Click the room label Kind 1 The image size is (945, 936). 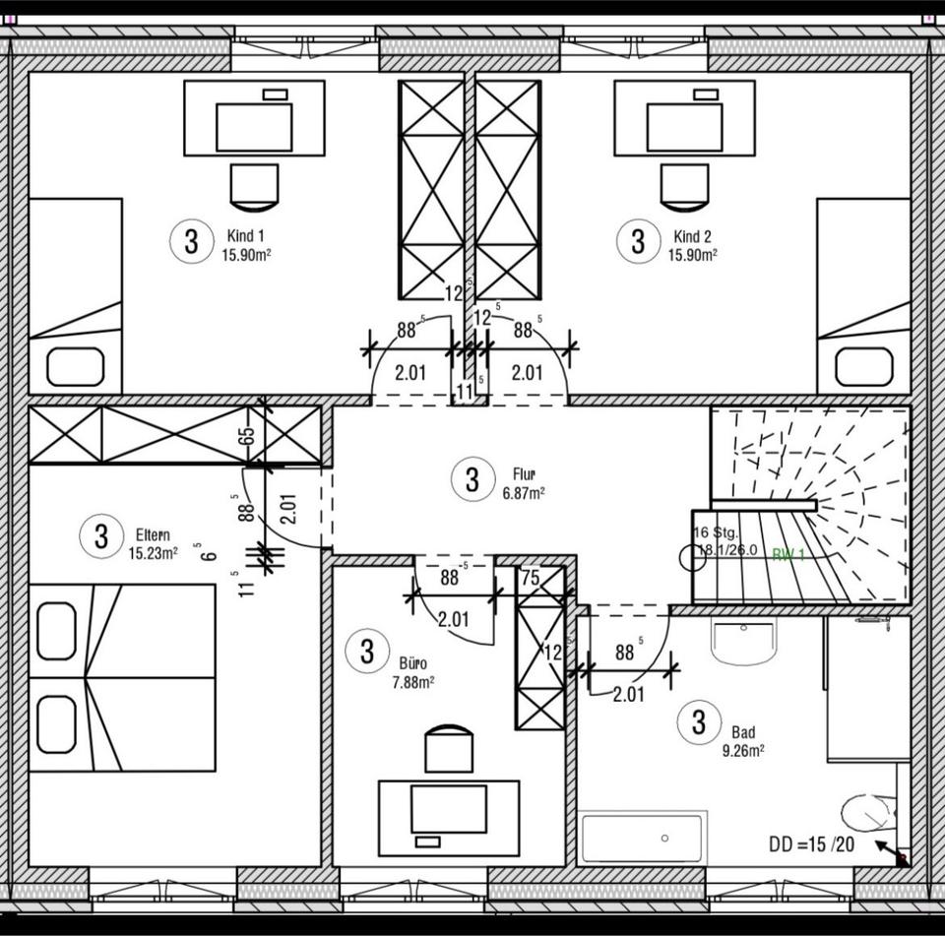click(x=245, y=236)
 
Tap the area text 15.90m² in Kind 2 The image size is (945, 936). click(x=693, y=254)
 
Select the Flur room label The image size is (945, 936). click(x=523, y=473)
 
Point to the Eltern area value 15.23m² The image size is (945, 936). click(x=153, y=553)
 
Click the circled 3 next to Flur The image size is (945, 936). click(x=472, y=480)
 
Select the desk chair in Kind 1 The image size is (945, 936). click(x=254, y=186)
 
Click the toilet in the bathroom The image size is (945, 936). click(x=867, y=814)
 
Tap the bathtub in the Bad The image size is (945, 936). click(x=642, y=838)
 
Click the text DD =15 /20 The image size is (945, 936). click(x=812, y=844)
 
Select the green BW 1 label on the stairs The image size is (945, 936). click(x=788, y=555)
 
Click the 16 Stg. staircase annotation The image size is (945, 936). click(x=716, y=533)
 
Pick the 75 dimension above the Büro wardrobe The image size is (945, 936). click(x=531, y=579)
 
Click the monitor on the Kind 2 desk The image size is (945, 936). click(x=685, y=127)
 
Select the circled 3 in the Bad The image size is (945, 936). click(x=699, y=723)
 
